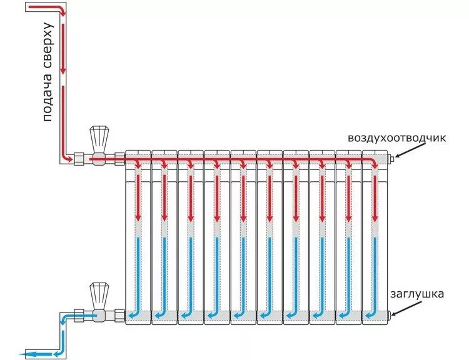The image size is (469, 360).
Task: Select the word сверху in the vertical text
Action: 48,48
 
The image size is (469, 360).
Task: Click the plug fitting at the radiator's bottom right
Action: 390,314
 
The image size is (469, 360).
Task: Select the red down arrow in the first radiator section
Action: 138,216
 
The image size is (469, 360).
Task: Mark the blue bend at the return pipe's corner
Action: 63,319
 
